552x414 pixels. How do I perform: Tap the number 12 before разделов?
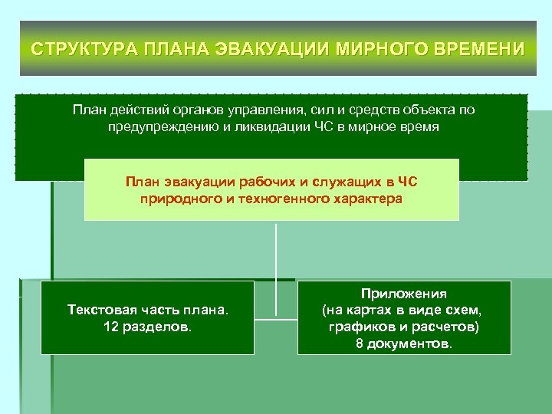110,326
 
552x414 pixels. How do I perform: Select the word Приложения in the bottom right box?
404,294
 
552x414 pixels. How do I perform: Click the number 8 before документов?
360,344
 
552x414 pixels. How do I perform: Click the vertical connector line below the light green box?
275,253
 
